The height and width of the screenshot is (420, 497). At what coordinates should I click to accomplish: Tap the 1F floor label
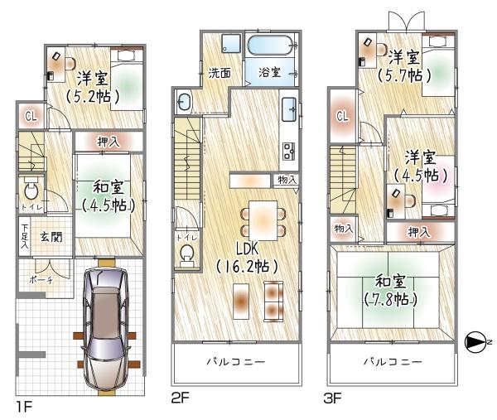23,406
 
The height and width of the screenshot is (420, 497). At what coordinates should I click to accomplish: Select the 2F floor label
181,398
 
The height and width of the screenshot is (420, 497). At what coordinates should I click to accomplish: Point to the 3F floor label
333,398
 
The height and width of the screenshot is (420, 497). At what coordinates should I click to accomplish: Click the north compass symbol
475,341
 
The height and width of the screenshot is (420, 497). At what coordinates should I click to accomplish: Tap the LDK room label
246,250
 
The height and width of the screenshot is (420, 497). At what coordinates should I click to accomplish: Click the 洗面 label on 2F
220,72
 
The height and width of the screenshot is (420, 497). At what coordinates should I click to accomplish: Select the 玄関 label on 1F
50,237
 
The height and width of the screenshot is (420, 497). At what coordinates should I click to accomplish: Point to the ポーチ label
42,281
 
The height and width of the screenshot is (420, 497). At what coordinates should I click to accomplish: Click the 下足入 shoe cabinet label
26,237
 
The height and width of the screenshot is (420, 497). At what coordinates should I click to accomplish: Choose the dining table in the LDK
263,219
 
